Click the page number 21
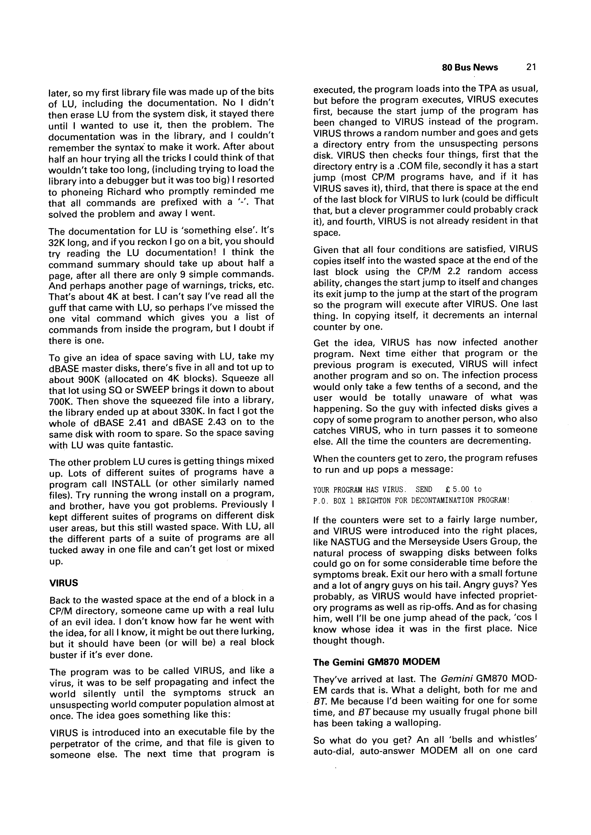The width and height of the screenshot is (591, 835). coord(531,67)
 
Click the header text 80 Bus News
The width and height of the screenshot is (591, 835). coord(470,68)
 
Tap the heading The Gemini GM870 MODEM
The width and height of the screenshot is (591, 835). coord(376,662)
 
